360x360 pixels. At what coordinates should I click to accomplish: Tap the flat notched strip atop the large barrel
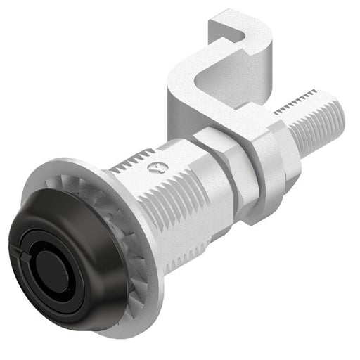(x=134, y=166)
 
